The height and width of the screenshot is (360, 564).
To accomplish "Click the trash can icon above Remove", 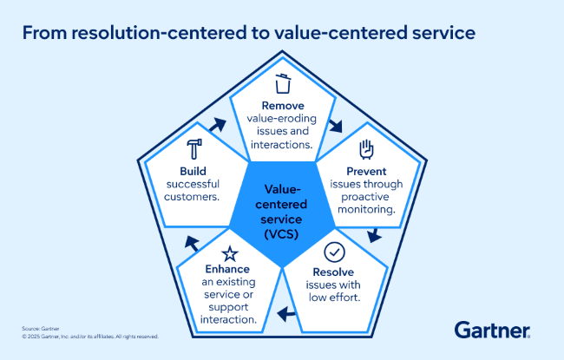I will coord(282,84).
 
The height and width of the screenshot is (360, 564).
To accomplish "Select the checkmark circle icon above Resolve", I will coord(333,252).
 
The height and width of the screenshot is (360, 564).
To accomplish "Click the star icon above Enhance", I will coord(230,253).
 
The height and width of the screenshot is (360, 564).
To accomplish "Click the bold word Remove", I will coord(282,107).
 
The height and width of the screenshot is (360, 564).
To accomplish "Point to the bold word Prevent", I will coord(364,172).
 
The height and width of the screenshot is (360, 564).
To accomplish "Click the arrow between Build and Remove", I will coord(216,125).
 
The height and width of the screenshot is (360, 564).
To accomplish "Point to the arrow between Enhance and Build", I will coord(189,241).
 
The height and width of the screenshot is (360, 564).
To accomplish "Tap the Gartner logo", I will coord(492,330).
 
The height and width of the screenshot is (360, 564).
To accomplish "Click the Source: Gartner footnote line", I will coord(41,329).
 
